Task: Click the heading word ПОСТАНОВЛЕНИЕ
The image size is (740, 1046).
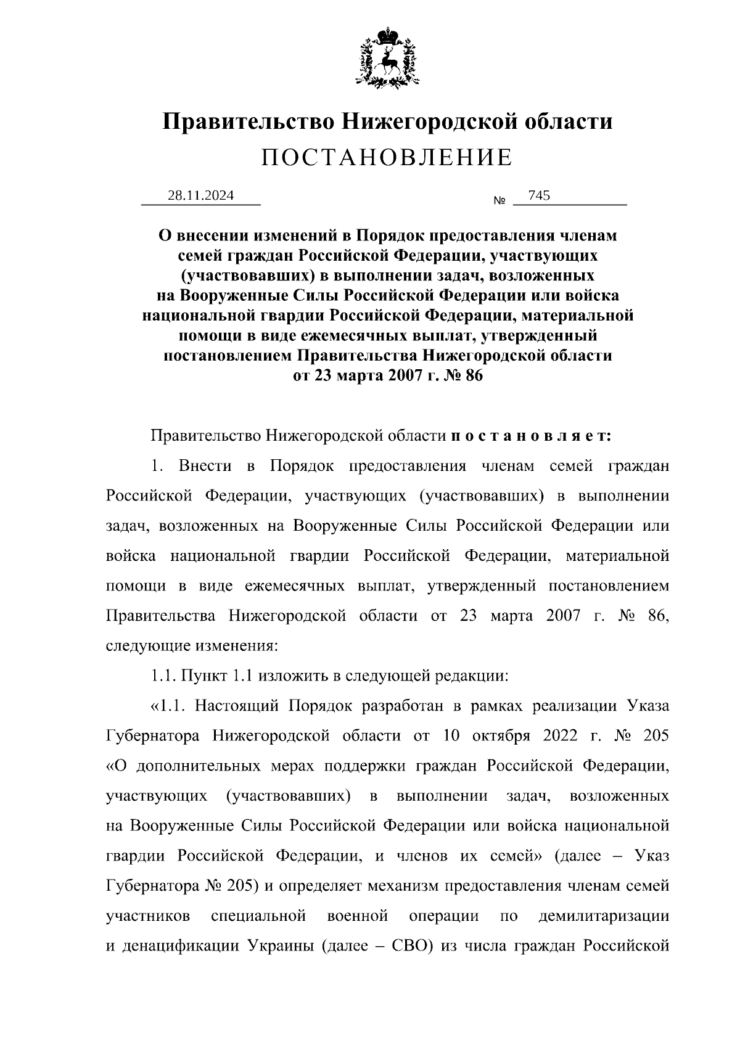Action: [387, 158]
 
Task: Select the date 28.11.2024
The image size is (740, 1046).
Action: [200, 196]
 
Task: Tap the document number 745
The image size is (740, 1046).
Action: [539, 196]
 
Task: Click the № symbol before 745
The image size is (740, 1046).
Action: [499, 201]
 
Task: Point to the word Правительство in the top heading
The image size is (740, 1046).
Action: [249, 121]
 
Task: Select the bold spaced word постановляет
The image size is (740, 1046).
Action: [531, 436]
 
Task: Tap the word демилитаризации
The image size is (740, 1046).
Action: [604, 916]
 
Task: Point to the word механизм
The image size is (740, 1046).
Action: [403, 886]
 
